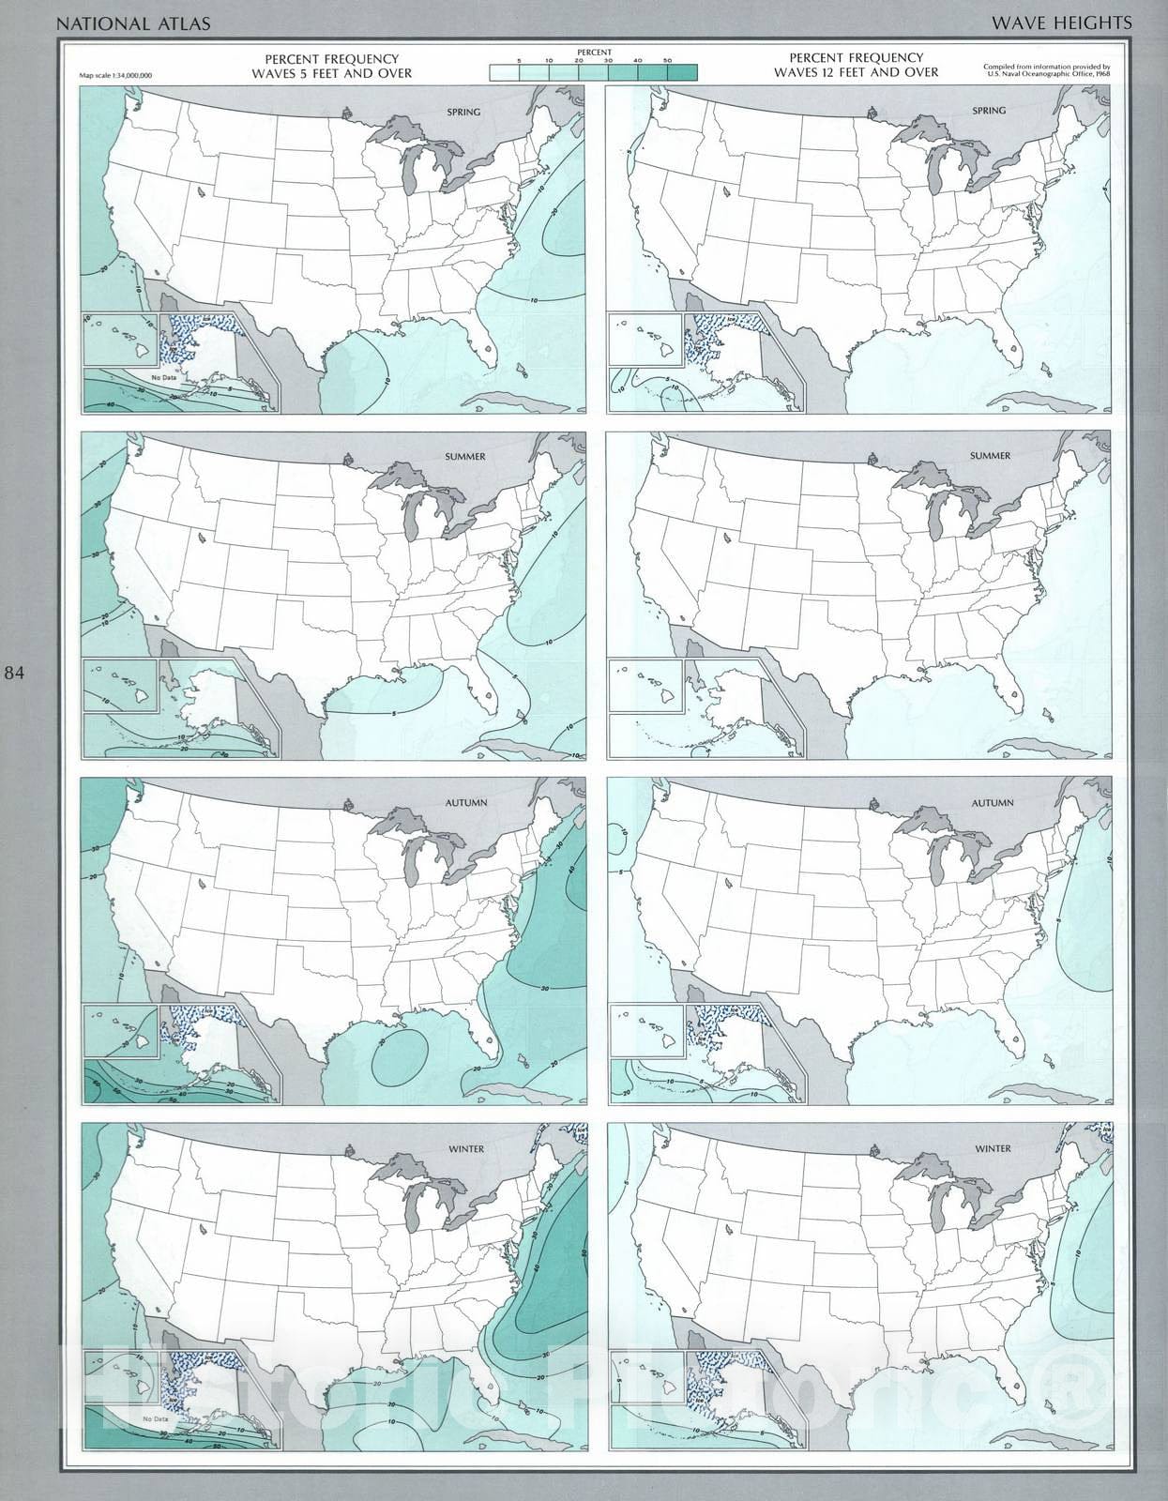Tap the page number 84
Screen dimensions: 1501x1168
click(16, 673)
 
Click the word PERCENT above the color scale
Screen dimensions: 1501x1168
click(594, 53)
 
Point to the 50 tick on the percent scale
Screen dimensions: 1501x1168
click(668, 61)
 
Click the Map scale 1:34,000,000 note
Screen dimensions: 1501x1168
click(116, 74)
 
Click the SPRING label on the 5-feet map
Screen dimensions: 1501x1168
click(463, 112)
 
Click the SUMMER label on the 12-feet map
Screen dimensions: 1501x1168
click(990, 456)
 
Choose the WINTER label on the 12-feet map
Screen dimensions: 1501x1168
click(993, 1148)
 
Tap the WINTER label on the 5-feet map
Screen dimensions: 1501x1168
click(466, 1149)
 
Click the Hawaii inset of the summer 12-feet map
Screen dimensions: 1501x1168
click(645, 686)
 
